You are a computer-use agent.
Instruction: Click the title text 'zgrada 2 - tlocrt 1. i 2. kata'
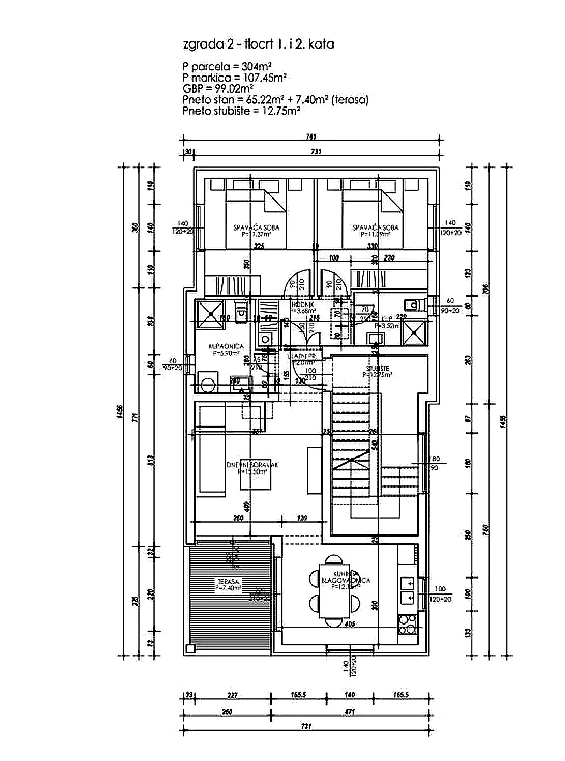pyautogui.click(x=258, y=44)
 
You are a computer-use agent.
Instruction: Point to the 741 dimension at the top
pyautogui.click(x=310, y=137)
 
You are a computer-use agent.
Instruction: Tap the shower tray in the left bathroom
pyautogui.click(x=210, y=312)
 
